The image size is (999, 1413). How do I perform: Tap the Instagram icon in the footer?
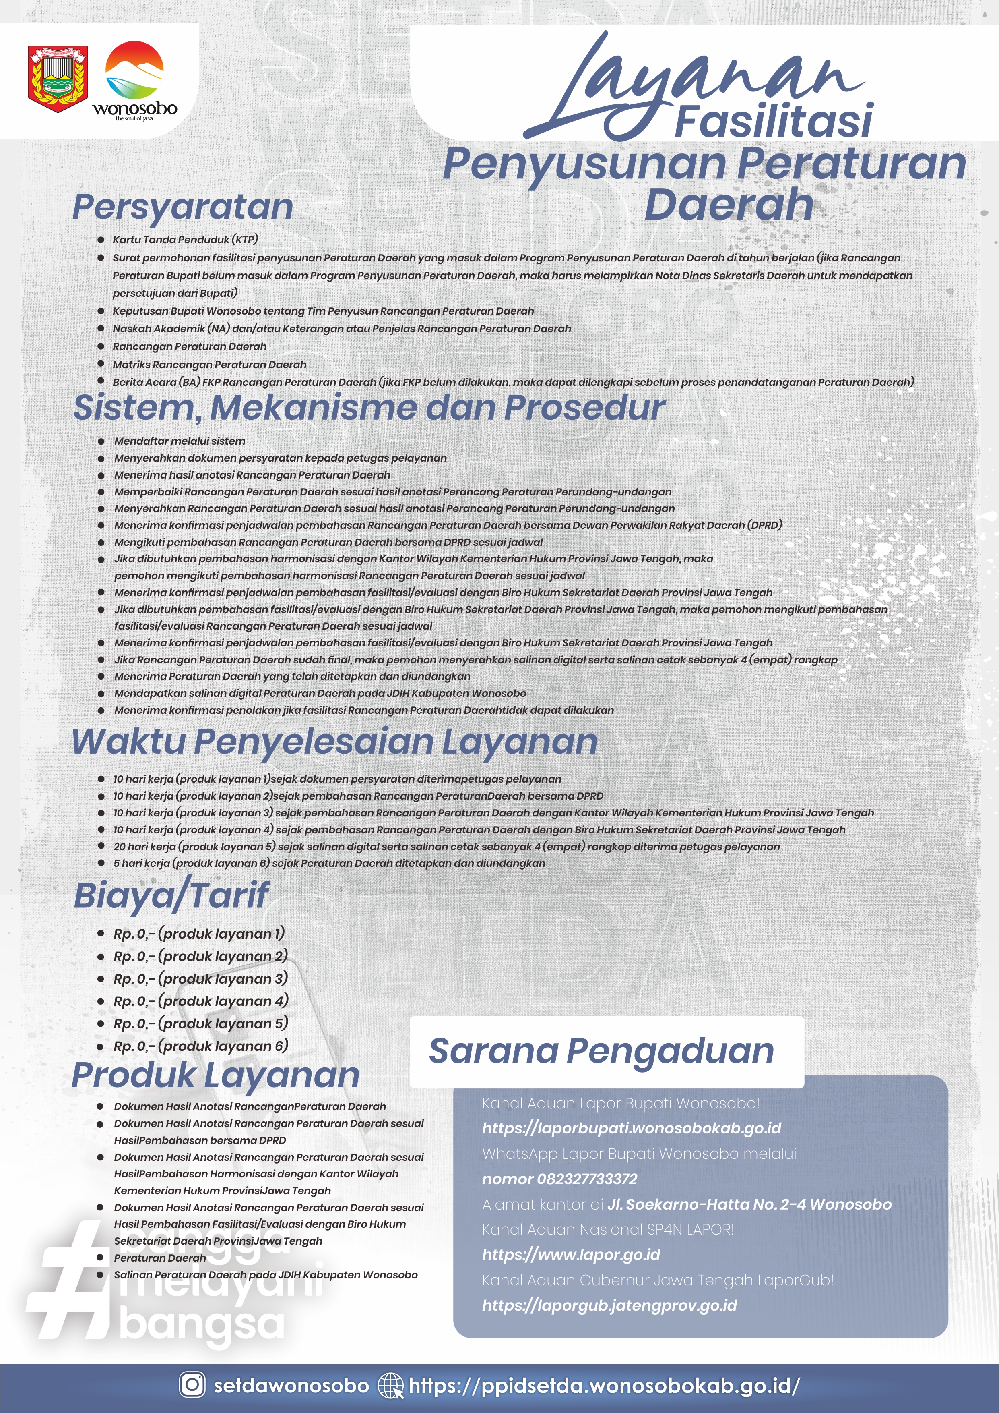pyautogui.click(x=192, y=1385)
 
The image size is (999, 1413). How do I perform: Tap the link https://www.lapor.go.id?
pyautogui.click(x=571, y=1254)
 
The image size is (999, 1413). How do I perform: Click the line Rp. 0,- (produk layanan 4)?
pyautogui.click(x=200, y=1001)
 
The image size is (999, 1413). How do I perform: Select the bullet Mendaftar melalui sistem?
pyautogui.click(x=180, y=441)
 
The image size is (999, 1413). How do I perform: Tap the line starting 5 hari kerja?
pyautogui.click(x=329, y=864)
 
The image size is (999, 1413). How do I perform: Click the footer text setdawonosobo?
pyautogui.click(x=291, y=1385)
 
